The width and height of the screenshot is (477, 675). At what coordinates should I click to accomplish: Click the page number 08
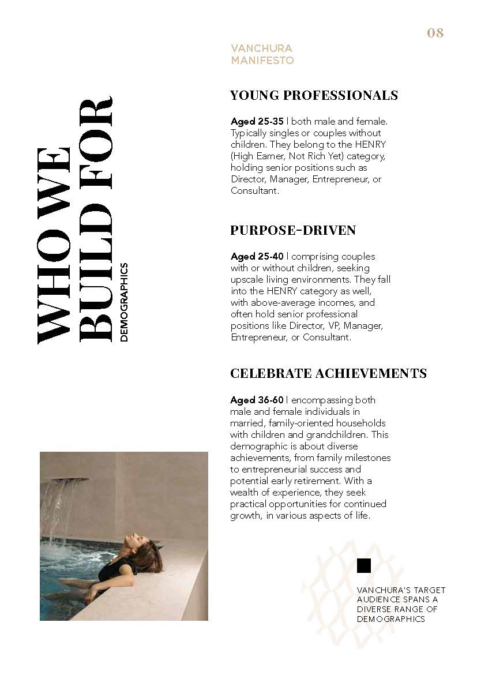pyautogui.click(x=435, y=33)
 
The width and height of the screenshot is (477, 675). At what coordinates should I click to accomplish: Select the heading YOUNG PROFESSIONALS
pyautogui.click(x=314, y=95)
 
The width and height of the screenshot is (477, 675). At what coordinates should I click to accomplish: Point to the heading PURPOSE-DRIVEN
pyautogui.click(x=293, y=230)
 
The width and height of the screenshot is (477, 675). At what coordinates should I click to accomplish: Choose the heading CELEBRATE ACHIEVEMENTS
pyautogui.click(x=328, y=373)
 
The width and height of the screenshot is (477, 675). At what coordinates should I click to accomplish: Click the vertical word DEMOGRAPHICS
pyautogui.click(x=125, y=303)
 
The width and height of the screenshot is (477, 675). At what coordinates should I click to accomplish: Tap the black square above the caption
pyautogui.click(x=364, y=566)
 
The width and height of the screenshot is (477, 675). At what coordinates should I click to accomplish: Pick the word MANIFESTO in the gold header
pyautogui.click(x=262, y=60)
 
